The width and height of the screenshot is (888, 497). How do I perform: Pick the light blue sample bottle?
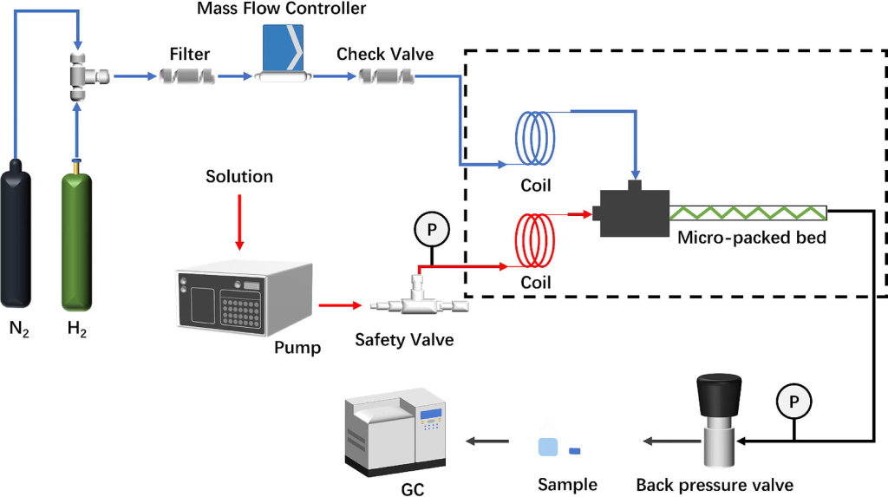tap(547, 446)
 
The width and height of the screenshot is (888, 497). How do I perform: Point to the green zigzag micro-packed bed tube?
tap(746, 212)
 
